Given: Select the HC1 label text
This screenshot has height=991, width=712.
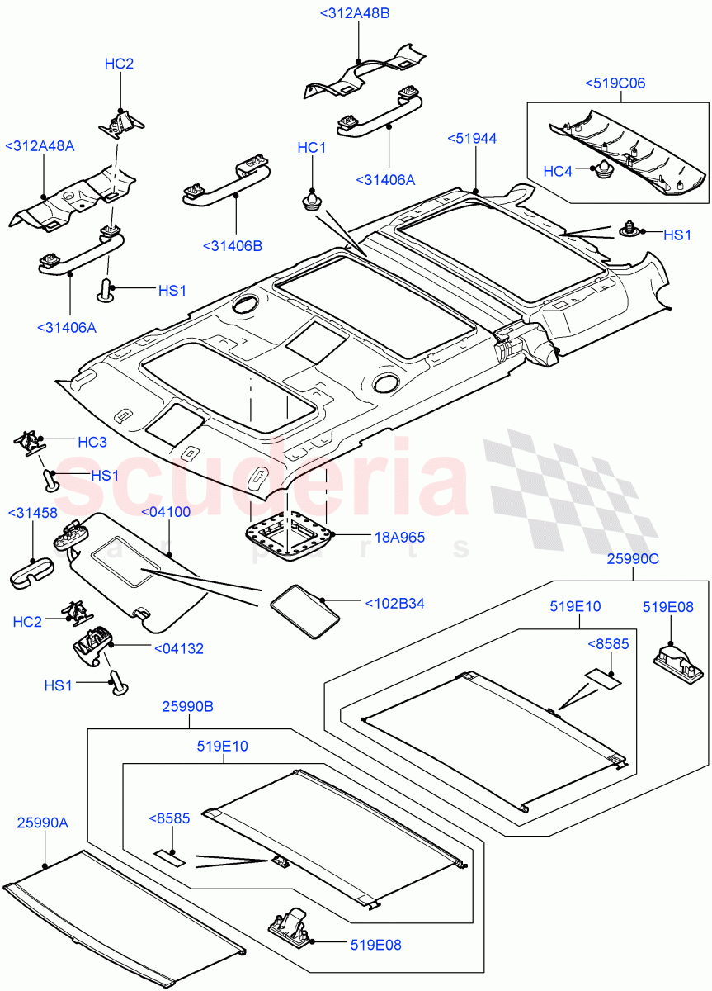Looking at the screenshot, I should tap(312, 148).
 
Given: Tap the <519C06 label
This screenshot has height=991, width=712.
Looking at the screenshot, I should tap(615, 83).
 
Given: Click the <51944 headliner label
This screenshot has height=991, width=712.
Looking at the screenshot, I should tap(472, 139).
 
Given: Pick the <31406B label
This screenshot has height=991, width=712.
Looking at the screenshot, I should tap(232, 245).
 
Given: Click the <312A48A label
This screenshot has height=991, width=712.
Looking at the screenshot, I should tap(40, 146).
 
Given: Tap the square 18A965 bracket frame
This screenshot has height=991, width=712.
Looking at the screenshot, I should tap(291, 534).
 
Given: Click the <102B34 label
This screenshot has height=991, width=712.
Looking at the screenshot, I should tap(394, 604).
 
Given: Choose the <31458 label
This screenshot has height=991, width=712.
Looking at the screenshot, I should tap(32, 513).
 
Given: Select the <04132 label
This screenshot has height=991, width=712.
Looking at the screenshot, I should tap(178, 649).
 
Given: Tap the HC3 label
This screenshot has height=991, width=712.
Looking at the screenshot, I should tap(92, 443).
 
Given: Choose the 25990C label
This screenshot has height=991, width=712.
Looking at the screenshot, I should tap(633, 559).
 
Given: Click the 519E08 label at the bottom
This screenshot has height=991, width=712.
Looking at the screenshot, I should tap(375, 945).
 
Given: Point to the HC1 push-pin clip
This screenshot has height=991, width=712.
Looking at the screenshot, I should tap(312, 201).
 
